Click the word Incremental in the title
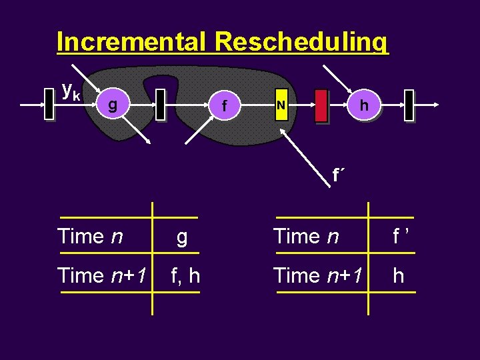[133, 42]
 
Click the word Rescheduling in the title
[301, 42]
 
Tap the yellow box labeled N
[281, 105]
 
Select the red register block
[321, 105]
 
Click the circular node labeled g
[113, 105]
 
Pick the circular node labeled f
[225, 105]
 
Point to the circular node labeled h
[363, 105]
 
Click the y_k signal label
[71, 89]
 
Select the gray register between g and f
[160, 105]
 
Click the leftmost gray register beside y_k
[49, 105]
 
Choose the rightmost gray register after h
[409, 105]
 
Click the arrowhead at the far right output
[435, 105]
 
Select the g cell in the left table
[181, 236]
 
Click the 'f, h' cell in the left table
[185, 275]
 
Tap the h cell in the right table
[399, 275]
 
